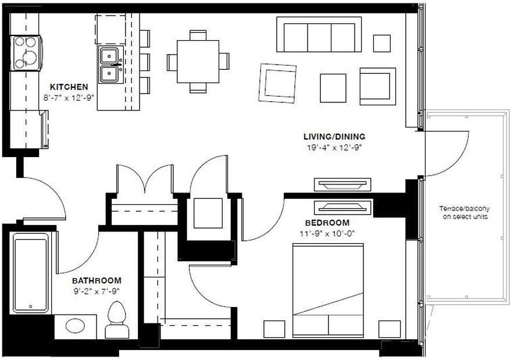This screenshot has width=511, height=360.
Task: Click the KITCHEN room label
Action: (69, 87)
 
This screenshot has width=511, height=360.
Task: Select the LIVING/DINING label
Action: (334, 137)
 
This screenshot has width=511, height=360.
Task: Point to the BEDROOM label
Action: (327, 223)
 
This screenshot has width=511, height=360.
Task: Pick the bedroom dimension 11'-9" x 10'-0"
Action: (327, 233)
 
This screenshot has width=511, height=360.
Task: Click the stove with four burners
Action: (26, 53)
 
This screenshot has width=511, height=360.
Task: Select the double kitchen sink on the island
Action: (109, 65)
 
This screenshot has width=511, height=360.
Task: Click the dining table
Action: (198, 61)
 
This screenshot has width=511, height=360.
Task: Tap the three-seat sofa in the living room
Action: (319, 35)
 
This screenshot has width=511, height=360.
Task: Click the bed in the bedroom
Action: (328, 291)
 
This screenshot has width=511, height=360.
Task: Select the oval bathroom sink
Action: (76, 325)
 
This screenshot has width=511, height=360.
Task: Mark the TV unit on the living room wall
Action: (342, 184)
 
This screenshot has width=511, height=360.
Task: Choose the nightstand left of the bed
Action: (274, 329)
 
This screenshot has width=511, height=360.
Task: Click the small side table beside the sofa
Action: (381, 43)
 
